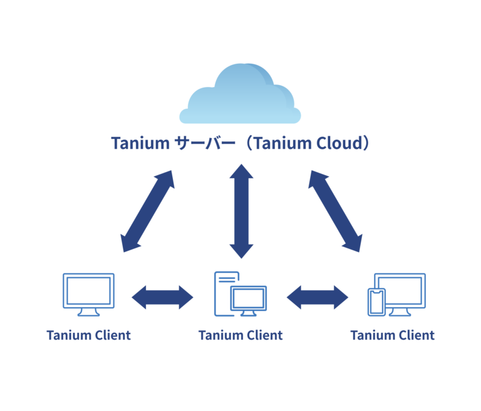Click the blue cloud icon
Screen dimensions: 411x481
240,95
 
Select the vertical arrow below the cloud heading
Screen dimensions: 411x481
241,211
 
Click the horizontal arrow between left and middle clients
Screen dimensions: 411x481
163,297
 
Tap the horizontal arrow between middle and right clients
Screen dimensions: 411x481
318,297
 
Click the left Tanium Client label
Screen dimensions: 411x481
88,335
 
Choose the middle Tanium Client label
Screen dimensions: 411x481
240,335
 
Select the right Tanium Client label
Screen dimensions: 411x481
393,335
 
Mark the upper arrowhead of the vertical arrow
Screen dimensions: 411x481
241,173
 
